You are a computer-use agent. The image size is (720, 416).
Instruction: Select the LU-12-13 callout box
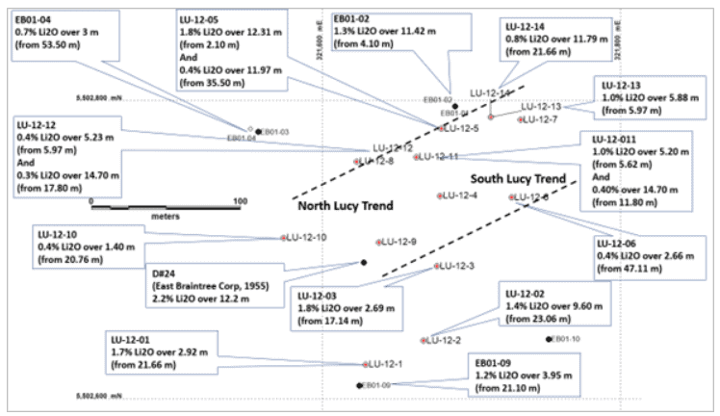[644, 97]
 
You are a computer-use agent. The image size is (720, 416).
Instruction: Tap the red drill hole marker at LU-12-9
[379, 242]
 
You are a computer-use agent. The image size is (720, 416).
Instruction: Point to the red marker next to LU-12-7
[521, 119]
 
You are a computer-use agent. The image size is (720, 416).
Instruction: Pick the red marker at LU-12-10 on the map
[284, 238]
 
